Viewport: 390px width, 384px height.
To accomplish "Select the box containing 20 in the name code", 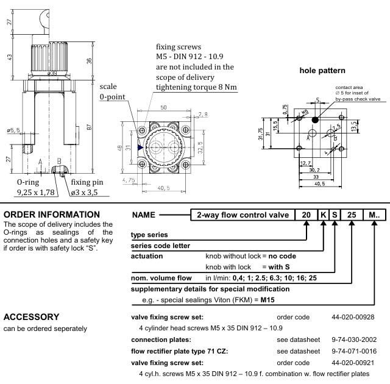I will (x=305, y=215).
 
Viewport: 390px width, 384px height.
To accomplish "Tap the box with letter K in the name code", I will (x=323, y=215).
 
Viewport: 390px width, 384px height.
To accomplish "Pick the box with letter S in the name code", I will (x=335, y=215).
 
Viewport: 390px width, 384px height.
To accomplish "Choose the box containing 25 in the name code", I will (x=352, y=215).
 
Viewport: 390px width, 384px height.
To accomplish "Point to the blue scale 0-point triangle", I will (x=141, y=147).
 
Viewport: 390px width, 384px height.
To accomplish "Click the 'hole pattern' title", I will (x=322, y=71).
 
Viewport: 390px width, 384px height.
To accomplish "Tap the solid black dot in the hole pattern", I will (x=314, y=119).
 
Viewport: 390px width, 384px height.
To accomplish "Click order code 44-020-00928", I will (x=353, y=317).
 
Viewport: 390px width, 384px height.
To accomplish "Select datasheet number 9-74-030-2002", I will (x=354, y=340).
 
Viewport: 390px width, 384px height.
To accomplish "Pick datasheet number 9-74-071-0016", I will (x=354, y=351).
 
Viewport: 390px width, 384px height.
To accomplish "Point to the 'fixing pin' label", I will (x=87, y=182).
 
